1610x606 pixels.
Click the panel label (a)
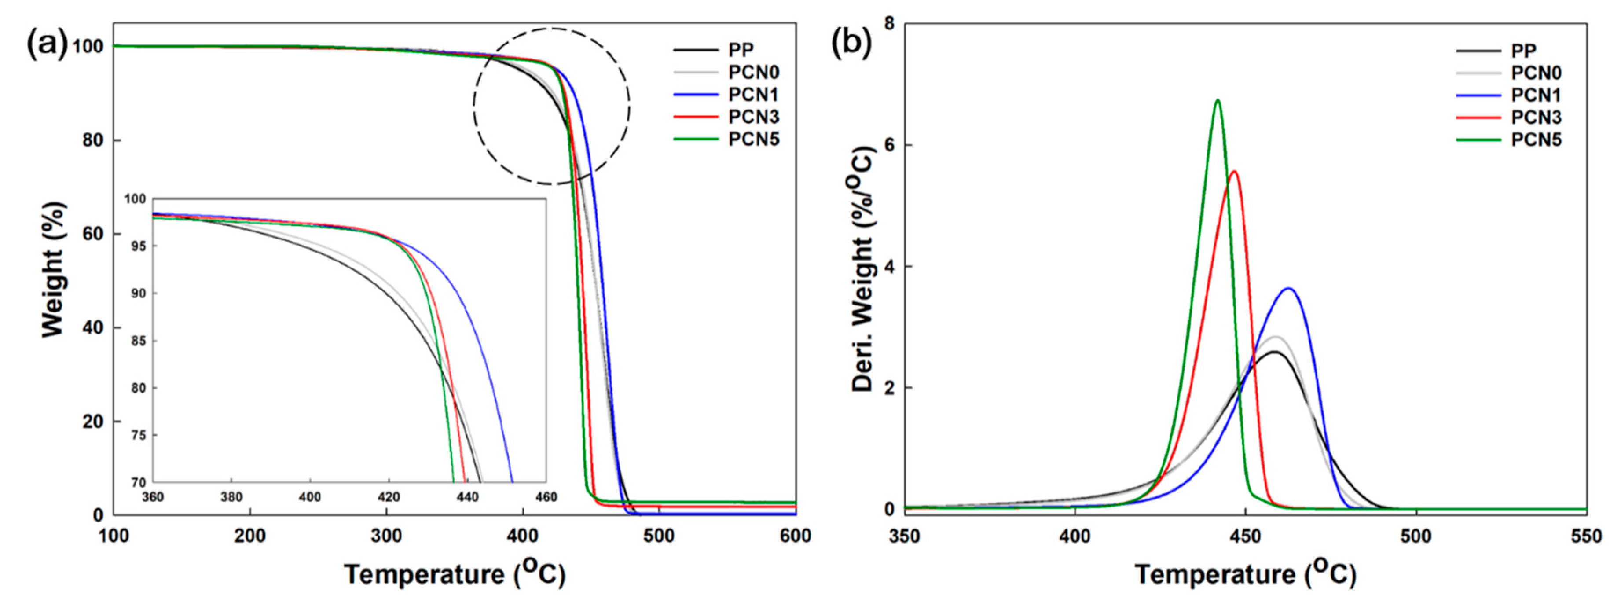[x=45, y=45]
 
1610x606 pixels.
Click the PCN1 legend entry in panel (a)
[x=753, y=95]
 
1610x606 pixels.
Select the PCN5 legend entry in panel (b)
[x=1536, y=140]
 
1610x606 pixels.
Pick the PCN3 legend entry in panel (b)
[x=1536, y=117]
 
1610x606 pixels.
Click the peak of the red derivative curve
[x=1234, y=171]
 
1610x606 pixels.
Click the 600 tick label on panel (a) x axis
[x=795, y=536]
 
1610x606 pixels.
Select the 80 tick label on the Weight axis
[x=92, y=140]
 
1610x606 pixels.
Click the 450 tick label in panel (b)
[x=1245, y=536]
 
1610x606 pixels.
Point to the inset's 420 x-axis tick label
[x=388, y=497]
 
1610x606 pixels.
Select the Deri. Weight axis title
[x=862, y=269]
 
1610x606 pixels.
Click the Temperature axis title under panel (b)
[x=1245, y=573]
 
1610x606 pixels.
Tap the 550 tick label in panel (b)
[x=1585, y=536]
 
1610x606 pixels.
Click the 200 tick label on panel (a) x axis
[x=250, y=536]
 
